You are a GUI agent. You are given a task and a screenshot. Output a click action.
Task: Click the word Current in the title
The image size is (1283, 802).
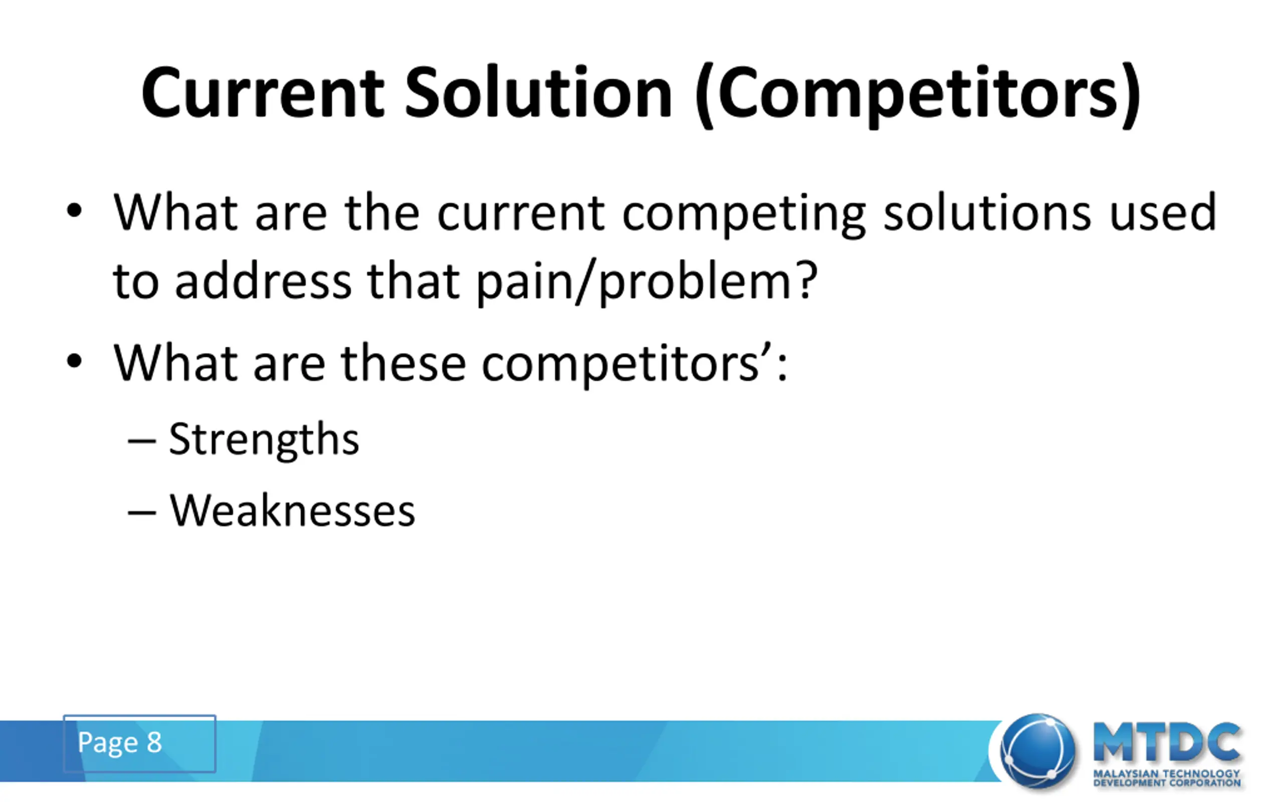click(x=263, y=93)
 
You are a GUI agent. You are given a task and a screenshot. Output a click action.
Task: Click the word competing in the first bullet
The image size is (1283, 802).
click(x=744, y=215)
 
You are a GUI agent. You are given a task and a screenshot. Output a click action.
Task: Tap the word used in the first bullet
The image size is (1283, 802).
click(x=1163, y=212)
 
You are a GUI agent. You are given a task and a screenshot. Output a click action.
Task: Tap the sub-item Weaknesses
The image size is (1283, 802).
click(x=292, y=510)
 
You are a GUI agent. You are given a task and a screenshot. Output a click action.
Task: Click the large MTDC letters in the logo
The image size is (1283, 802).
click(x=1167, y=742)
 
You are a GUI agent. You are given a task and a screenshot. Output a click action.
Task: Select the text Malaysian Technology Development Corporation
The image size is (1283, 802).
click(x=1167, y=777)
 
